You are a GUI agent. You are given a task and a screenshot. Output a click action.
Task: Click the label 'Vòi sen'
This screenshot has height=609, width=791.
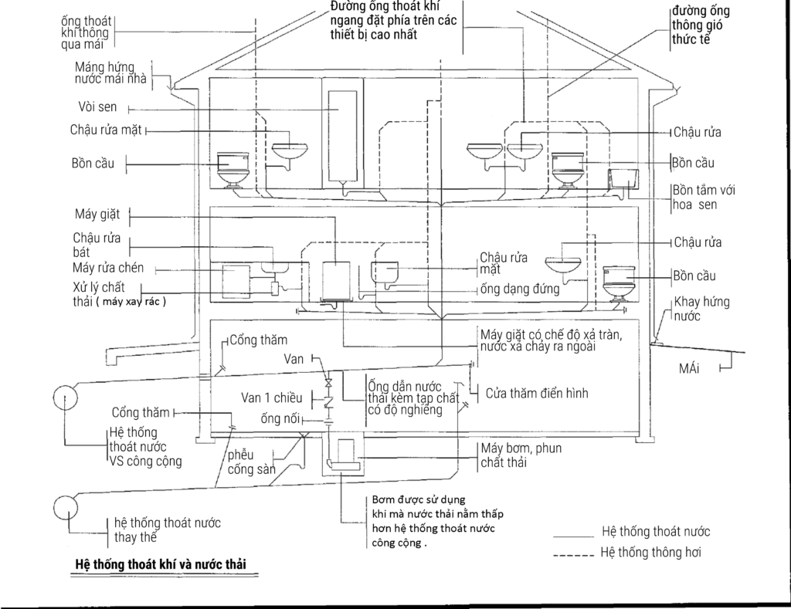click(x=97, y=107)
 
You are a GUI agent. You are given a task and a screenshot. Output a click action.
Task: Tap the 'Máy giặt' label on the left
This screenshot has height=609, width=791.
click(x=93, y=214)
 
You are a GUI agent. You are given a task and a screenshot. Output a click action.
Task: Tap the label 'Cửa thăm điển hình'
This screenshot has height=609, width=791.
click(x=537, y=394)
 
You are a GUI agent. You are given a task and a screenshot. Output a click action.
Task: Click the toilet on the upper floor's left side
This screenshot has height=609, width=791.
click(x=231, y=168)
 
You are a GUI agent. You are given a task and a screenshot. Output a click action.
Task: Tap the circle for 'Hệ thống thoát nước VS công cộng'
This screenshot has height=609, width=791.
click(x=66, y=398)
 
